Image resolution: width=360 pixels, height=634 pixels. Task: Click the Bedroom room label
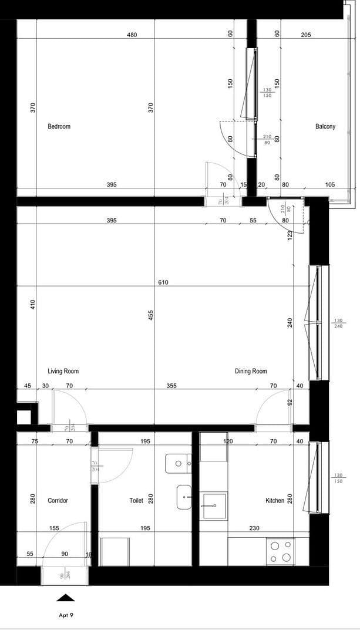(59, 126)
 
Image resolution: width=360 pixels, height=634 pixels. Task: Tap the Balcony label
(325, 126)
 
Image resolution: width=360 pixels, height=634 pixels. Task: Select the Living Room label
(63, 371)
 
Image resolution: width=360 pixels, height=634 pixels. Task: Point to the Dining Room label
(251, 371)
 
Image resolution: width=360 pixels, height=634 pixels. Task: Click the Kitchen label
(275, 501)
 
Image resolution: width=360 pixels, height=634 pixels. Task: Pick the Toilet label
(136, 501)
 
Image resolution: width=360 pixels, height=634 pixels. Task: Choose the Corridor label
(58, 501)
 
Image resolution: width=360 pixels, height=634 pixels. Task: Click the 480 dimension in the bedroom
(132, 35)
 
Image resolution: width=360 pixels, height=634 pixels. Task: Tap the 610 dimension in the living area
(163, 282)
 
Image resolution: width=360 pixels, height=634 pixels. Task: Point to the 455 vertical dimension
(151, 315)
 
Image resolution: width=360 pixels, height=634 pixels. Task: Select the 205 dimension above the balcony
(305, 35)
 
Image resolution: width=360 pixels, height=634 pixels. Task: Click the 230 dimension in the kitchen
(254, 528)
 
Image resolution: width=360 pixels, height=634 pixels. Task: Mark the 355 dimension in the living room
(171, 386)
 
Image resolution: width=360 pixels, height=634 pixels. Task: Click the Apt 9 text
(66, 616)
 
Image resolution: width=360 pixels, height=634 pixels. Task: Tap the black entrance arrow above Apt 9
(65, 598)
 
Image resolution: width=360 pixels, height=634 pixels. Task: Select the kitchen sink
(214, 505)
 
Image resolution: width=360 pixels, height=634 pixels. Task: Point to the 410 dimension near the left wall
(33, 304)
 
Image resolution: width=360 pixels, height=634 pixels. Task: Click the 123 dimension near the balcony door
(290, 235)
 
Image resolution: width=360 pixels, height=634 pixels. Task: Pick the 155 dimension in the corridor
(54, 528)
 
